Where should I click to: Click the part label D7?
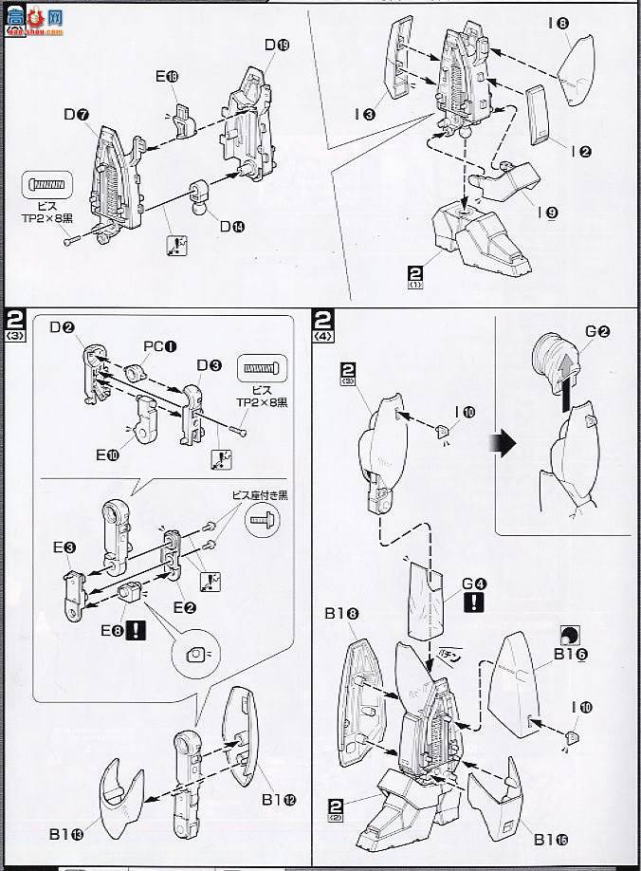coord(76,116)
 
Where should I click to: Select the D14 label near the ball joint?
coord(231,226)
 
